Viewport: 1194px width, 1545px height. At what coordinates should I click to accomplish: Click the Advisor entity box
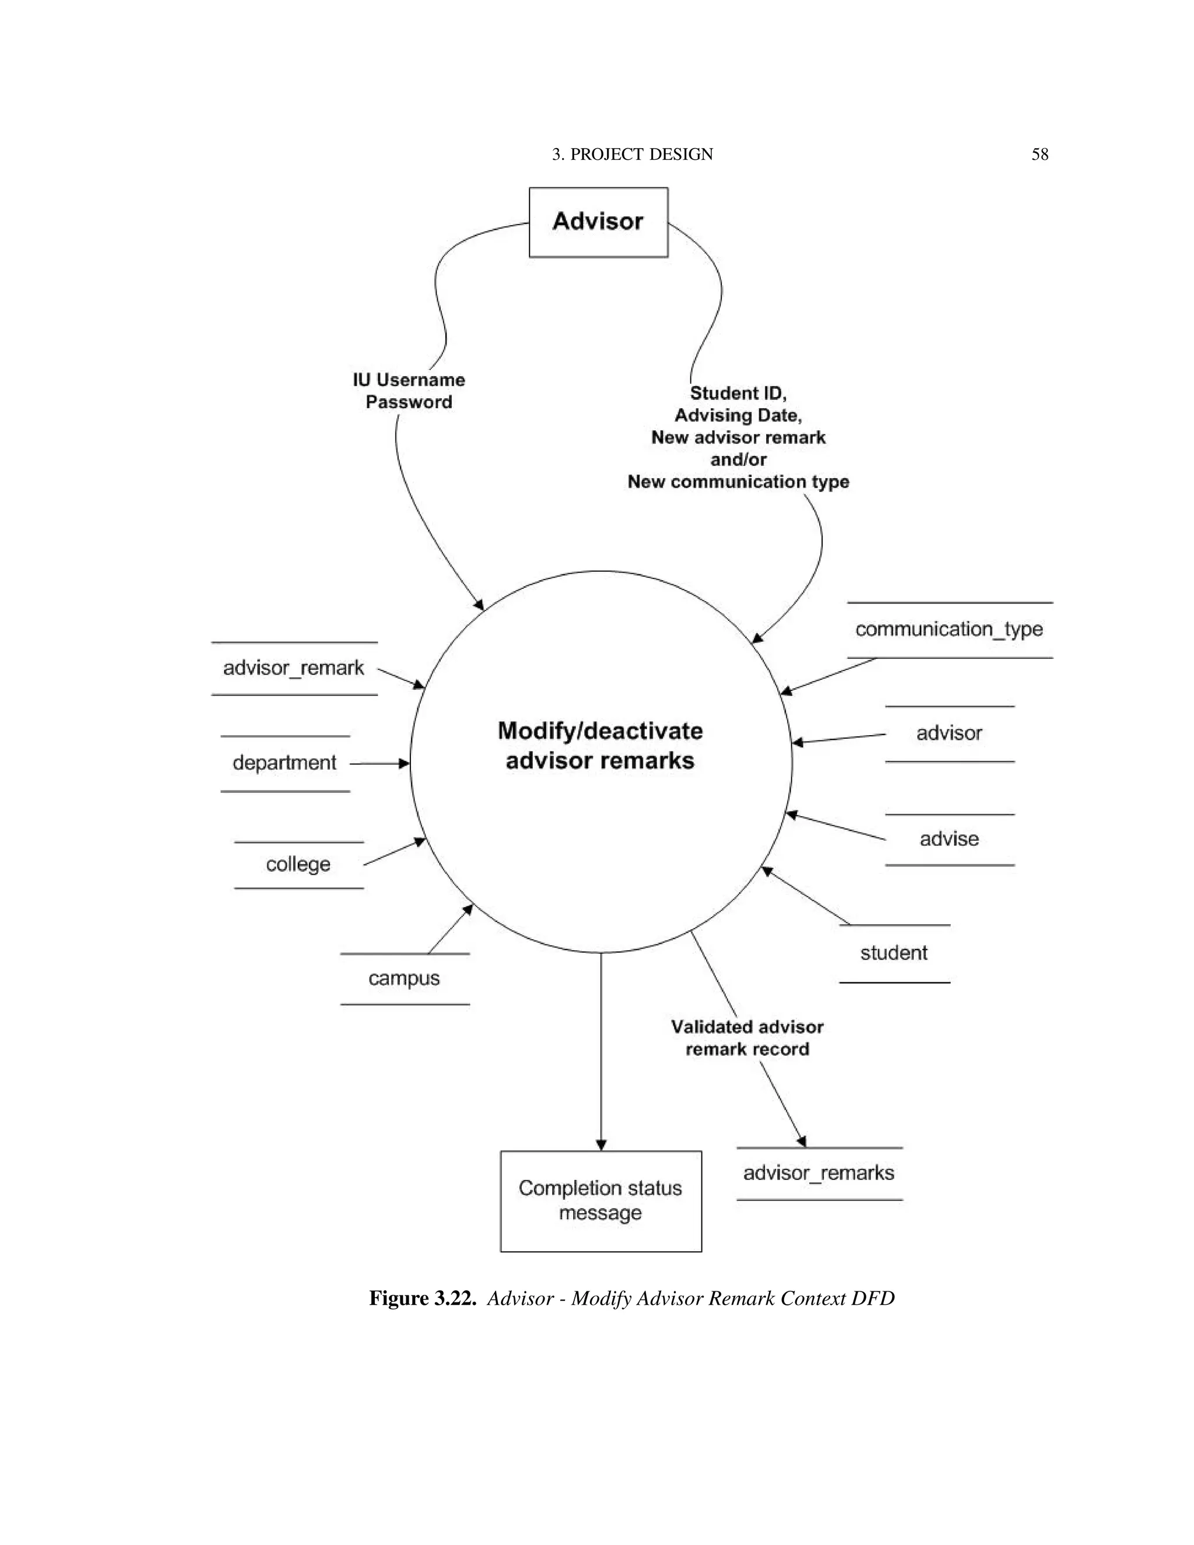coord(598,222)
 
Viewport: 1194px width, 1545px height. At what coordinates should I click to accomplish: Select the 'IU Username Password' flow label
coord(409,391)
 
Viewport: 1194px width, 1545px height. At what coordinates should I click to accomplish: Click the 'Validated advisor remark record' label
coord(747,1038)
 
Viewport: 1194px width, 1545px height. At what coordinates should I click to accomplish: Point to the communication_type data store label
coord(949,629)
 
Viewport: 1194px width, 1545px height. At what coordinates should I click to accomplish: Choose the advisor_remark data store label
coord(294,668)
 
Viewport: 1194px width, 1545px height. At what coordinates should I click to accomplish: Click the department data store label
coord(285,763)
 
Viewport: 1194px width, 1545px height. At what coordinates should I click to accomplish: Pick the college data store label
coord(298,864)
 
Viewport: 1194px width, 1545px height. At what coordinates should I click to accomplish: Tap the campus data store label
coord(404,978)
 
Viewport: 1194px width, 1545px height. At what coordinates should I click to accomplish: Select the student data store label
coord(893,953)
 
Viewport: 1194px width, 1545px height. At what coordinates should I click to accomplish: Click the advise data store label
coord(949,839)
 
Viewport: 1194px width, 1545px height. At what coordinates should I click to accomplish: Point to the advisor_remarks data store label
coord(819,1173)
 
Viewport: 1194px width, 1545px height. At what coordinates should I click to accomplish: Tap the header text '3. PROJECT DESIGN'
coord(633,154)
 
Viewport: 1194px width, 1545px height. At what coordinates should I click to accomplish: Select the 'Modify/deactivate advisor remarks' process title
coord(600,746)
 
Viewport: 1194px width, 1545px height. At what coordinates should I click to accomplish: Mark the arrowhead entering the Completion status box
coord(601,1144)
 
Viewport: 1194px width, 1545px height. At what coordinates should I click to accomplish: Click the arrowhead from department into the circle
coord(405,763)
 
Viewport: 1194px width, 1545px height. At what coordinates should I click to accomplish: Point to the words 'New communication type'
coord(738,482)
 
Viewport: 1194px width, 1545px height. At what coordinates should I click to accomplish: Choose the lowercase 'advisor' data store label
coord(949,733)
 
